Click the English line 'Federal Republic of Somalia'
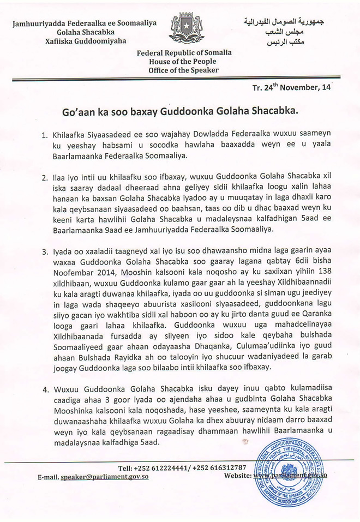184,53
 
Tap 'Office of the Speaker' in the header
184,70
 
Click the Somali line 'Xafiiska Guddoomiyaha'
85,40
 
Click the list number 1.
46,134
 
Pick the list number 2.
46,177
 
